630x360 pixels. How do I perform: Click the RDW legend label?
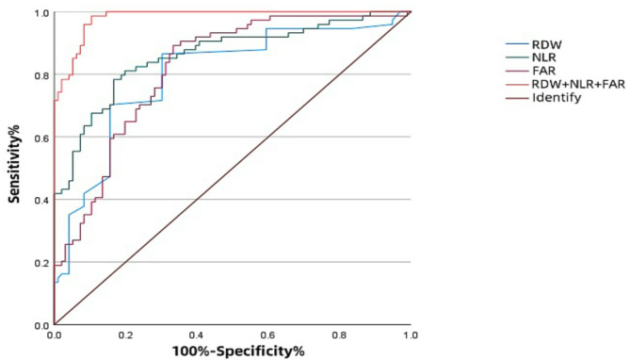click(547, 44)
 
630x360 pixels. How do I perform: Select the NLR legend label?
click(544, 57)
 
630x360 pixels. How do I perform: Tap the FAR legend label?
click(543, 71)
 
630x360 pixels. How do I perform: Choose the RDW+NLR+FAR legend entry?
click(578, 84)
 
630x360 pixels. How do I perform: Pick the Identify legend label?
click(557, 98)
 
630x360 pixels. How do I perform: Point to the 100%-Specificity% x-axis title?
click(238, 352)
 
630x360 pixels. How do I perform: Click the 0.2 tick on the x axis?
click(125, 335)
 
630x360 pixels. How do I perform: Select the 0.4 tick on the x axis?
click(197, 335)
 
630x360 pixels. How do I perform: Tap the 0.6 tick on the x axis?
click(268, 335)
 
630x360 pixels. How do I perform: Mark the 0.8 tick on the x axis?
click(340, 335)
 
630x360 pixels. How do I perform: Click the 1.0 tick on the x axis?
click(411, 335)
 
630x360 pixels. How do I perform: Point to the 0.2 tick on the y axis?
click(42, 263)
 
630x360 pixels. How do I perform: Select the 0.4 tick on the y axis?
click(42, 200)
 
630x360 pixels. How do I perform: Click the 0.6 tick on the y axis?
click(42, 138)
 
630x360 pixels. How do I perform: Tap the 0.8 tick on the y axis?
click(42, 74)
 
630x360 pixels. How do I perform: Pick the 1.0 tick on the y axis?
click(42, 12)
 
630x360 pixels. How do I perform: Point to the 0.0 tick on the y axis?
click(42, 325)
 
